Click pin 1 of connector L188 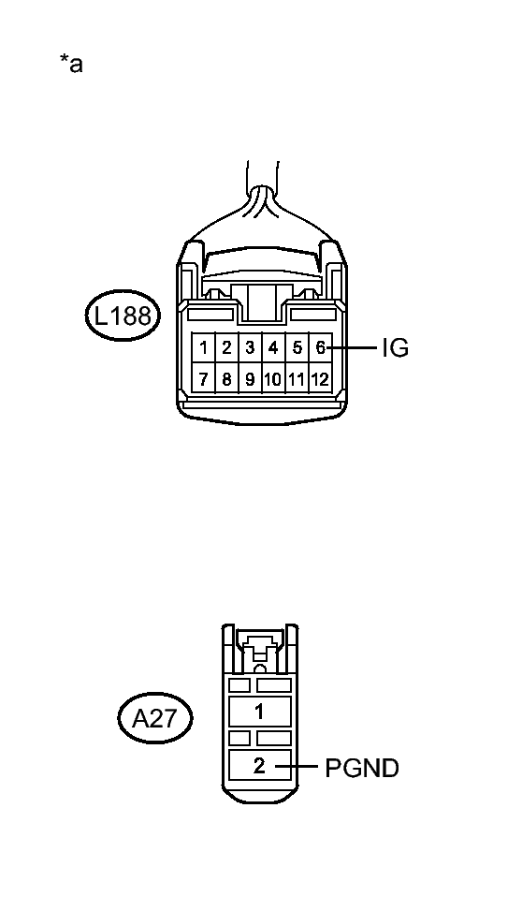(203, 348)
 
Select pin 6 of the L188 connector (320, 348)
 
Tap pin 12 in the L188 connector (320, 379)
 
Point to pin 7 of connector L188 (203, 379)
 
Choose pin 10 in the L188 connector (273, 379)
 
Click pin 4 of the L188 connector (273, 348)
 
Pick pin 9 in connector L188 (250, 379)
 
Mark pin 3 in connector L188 (250, 348)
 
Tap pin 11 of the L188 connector (297, 379)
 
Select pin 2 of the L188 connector (226, 348)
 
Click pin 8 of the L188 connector (226, 379)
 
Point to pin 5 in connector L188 (297, 348)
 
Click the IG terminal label (395, 348)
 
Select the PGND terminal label (362, 769)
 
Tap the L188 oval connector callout (123, 316)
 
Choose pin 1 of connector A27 (260, 712)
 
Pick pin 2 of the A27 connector (260, 766)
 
